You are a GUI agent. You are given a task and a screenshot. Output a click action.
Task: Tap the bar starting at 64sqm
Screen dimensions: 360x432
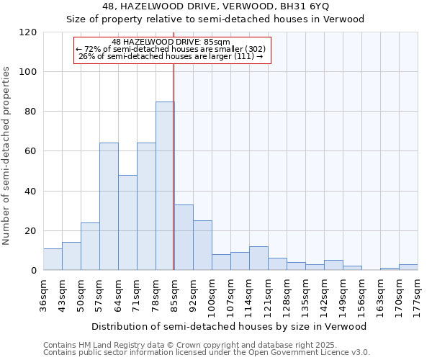tap(127, 222)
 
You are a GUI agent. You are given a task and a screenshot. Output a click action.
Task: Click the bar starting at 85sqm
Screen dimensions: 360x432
tap(184, 238)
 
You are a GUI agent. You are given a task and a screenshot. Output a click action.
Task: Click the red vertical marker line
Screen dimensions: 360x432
tap(174, 166)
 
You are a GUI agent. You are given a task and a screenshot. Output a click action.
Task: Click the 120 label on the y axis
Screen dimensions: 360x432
tap(28, 32)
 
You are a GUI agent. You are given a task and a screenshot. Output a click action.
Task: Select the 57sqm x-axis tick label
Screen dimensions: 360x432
tap(100, 294)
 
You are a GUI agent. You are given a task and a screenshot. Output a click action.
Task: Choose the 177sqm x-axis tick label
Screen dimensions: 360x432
tap(418, 294)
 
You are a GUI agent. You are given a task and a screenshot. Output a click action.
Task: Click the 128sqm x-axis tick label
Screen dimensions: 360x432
tap(287, 294)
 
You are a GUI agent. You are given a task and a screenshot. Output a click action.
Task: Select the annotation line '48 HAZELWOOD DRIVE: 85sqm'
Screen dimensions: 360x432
tap(171, 42)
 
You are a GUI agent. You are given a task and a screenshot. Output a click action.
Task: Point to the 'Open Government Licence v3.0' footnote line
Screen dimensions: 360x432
tap(207, 353)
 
